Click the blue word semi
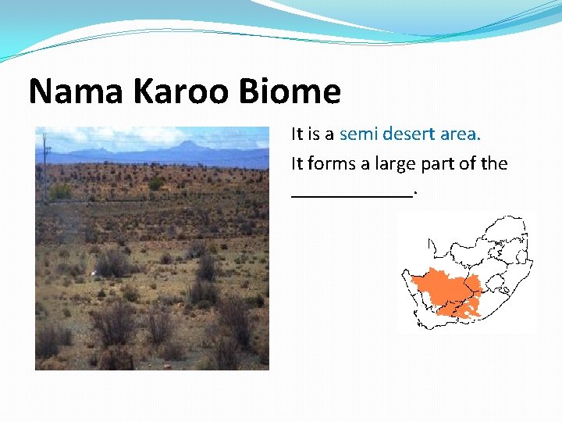(358, 134)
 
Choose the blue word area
(461, 134)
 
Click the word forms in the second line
(332, 164)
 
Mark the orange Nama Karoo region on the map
(441, 289)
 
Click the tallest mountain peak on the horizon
(188, 144)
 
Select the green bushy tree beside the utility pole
(59, 191)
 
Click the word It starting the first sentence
(297, 134)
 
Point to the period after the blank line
(415, 193)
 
